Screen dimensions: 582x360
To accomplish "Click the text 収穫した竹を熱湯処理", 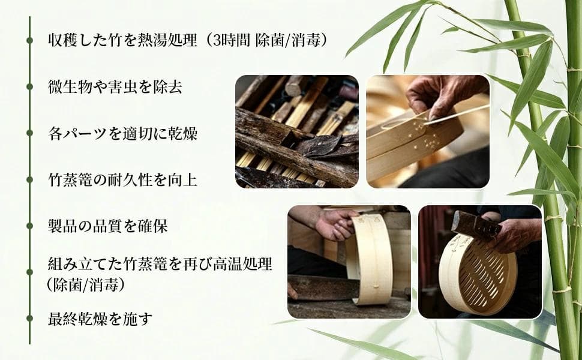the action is click(x=122, y=40).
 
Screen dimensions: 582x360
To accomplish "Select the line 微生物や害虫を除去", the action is click(x=115, y=87).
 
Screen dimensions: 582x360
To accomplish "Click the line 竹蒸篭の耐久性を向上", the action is click(x=122, y=180).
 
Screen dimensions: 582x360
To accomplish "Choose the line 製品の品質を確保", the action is click(x=107, y=226).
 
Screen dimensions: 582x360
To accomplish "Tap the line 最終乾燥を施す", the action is click(x=100, y=319).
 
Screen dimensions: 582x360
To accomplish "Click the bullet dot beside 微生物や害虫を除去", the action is click(x=29, y=87).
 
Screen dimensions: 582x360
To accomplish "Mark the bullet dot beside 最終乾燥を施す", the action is click(x=29, y=319).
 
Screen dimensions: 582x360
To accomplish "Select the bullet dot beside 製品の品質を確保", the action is click(x=29, y=226).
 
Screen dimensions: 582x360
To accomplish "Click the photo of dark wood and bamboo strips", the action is click(x=297, y=131).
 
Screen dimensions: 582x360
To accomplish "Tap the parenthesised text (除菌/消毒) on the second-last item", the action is click(x=85, y=285).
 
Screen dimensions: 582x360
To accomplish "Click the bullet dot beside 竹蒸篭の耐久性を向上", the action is click(x=29, y=179).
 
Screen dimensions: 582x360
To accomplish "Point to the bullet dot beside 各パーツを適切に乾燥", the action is click(x=29, y=133).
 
